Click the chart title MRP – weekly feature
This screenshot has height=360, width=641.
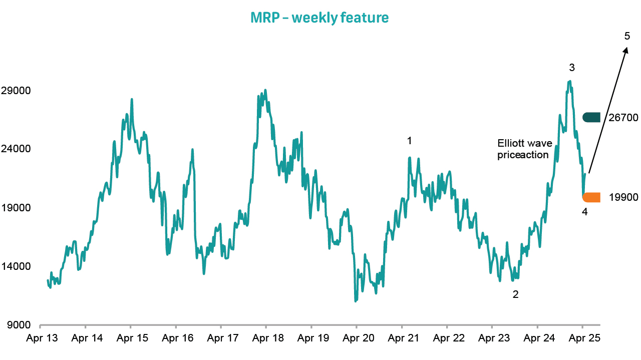(319, 18)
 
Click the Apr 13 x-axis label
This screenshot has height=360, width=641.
(42, 338)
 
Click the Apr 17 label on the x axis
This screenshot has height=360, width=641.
(221, 338)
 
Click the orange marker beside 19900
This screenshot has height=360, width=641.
(591, 197)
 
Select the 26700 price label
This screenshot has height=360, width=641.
(623, 118)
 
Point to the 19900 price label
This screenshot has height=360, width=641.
(623, 197)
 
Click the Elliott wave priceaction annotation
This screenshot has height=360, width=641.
(523, 149)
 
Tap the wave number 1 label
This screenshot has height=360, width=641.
(409, 141)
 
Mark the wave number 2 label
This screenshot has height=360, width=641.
(515, 294)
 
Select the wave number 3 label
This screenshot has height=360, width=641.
(571, 67)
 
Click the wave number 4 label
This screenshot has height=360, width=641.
(584, 212)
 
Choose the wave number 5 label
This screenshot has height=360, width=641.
(627, 36)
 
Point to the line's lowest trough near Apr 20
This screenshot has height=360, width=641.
(356, 301)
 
